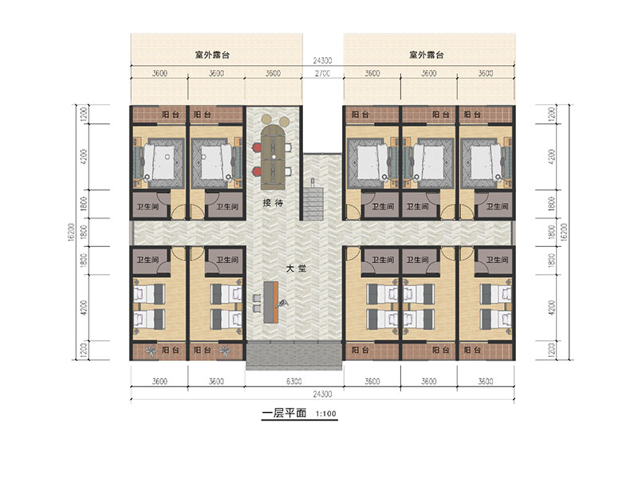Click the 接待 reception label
[273, 202]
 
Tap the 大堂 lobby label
[296, 268]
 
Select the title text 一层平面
[284, 413]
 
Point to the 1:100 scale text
[326, 413]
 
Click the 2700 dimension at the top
[322, 73]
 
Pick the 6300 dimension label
[293, 382]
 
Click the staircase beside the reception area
[313, 202]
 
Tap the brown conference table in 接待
[274, 157]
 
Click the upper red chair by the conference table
[257, 147]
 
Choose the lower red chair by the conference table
[257, 171]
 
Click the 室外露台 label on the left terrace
[212, 55]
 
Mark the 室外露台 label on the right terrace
[426, 55]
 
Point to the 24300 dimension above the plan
[322, 61]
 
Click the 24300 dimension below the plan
[322, 394]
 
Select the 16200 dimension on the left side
[71, 232]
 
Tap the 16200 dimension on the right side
[564, 232]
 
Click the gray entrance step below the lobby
[293, 355]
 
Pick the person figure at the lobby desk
[282, 303]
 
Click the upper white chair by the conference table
[289, 147]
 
